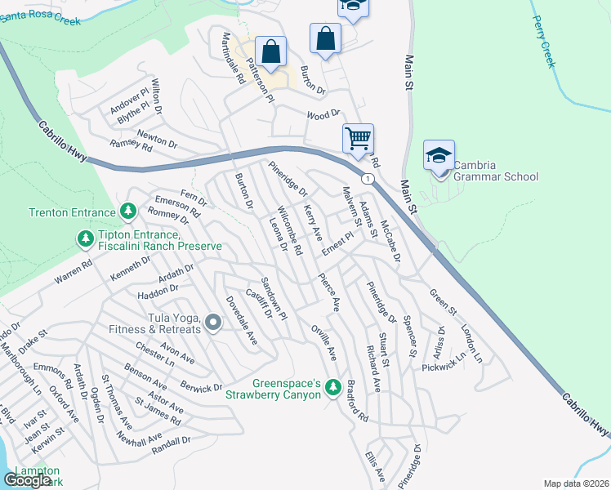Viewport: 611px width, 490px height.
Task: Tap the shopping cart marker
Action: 358,139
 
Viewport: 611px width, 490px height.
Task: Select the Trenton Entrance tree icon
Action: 128,212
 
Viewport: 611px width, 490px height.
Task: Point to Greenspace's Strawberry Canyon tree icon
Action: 332,386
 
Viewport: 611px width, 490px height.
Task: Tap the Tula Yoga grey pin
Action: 214,323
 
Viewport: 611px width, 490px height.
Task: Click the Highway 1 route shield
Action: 368,178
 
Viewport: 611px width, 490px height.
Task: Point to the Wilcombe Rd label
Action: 290,228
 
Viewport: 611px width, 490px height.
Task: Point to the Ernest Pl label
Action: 336,242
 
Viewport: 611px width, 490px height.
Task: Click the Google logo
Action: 28,480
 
